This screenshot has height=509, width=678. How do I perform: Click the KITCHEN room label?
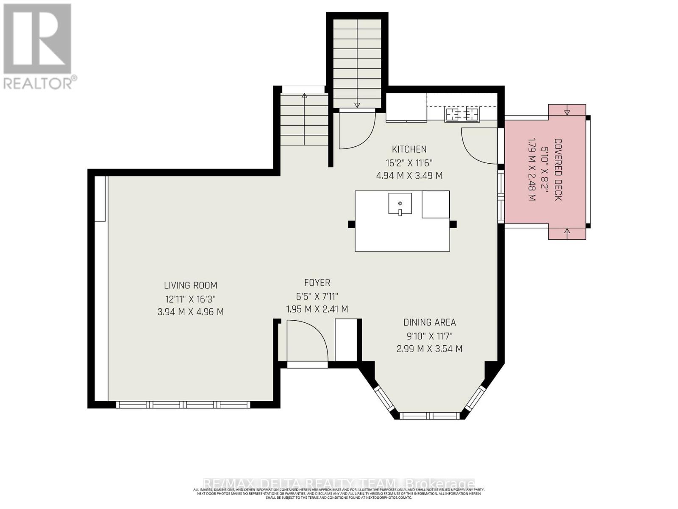coord(409,149)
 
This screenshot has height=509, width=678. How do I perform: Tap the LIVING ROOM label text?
coord(191,285)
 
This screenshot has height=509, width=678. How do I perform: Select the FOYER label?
coord(317,282)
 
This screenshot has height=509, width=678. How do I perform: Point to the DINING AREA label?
coord(429,322)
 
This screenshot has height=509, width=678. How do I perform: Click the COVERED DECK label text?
coord(558,170)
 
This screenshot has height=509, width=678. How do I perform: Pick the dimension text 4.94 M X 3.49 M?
coord(409,175)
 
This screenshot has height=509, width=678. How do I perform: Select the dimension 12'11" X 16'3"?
coord(191,299)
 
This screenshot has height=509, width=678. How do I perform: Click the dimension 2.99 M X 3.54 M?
coord(429,349)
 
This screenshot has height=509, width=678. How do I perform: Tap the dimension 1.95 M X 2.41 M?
coord(317,309)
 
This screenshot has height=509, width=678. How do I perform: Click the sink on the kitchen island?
coord(400,204)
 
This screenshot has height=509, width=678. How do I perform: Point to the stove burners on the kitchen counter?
coord(462,114)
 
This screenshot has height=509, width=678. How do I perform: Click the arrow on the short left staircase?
coord(304,96)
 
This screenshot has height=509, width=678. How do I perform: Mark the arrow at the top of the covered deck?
coord(567,112)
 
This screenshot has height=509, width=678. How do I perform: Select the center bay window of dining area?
coord(429,416)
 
